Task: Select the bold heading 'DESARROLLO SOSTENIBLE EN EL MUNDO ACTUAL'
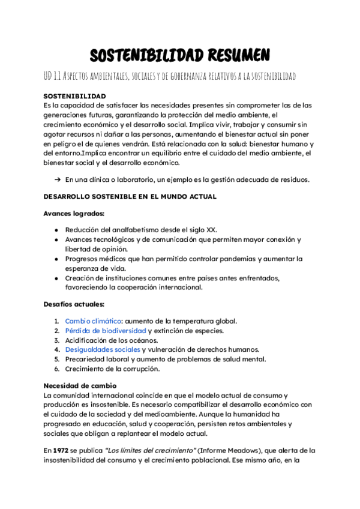130,196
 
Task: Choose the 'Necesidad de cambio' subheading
80,385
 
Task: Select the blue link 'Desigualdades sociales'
103,349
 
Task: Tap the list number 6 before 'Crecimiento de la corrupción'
56,369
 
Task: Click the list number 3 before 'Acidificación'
56,340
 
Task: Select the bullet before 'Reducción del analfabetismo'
56,230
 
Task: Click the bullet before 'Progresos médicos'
56,259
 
